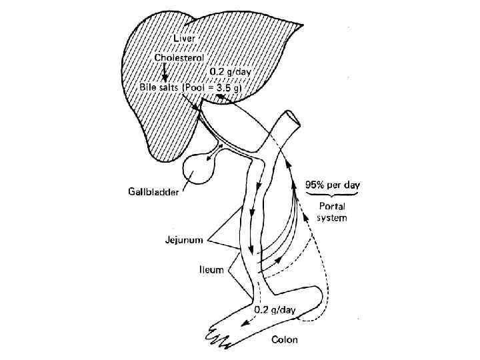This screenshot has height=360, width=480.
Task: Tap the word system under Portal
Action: coord(332,217)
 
